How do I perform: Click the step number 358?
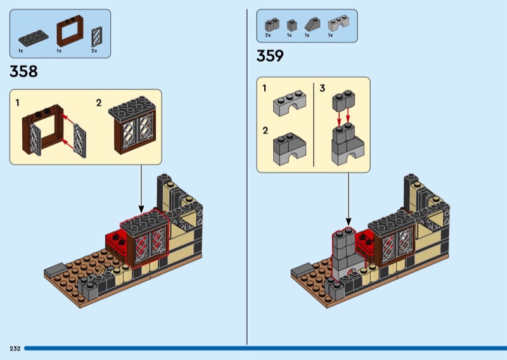click(x=23, y=72)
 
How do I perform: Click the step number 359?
click(x=270, y=56)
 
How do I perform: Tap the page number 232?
click(x=15, y=349)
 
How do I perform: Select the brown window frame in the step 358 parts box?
click(x=70, y=31)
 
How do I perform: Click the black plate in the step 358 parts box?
click(x=34, y=38)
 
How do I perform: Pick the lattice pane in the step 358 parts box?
click(x=96, y=37)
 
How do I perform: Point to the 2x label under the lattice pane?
click(x=94, y=51)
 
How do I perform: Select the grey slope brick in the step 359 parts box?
click(x=312, y=24)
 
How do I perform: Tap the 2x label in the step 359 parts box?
click(x=267, y=35)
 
